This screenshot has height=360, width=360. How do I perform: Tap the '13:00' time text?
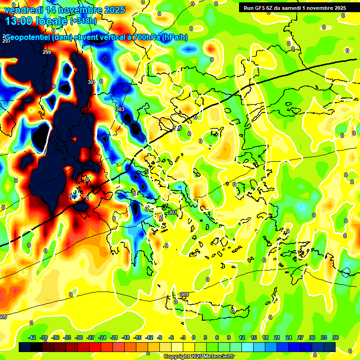(x=20, y=21)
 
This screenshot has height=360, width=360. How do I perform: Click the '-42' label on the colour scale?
(x=32, y=337)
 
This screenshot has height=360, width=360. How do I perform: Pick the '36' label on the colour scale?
(x=335, y=337)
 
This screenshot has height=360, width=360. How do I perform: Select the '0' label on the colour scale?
(x=194, y=337)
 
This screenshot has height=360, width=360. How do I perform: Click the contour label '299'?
(x=47, y=52)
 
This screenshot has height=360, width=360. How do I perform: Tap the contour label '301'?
(x=91, y=82)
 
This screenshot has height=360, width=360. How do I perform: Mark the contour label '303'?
(x=120, y=109)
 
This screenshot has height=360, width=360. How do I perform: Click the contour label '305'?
(x=177, y=128)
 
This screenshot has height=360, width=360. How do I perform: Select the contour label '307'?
(x=172, y=212)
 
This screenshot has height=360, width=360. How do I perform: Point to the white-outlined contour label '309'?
(x=184, y=294)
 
